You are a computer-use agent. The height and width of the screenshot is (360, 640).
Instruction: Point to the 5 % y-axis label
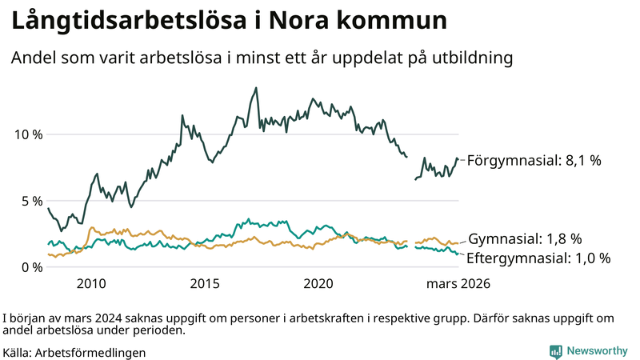30,201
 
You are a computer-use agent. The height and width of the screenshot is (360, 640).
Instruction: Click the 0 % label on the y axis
30,267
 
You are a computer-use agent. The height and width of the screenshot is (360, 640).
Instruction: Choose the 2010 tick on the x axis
91,284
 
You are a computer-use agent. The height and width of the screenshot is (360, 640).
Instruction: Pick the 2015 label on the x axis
205,284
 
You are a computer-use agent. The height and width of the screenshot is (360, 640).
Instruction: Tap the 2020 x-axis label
319,284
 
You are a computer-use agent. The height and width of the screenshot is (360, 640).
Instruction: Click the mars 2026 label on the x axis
458,284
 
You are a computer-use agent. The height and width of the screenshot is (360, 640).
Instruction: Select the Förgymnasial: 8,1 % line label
534,161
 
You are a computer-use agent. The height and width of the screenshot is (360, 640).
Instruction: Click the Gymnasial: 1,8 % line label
525,239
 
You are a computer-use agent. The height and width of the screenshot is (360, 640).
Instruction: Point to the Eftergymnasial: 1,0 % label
538,258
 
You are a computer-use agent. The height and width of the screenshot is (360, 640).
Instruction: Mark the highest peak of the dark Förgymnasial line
256,88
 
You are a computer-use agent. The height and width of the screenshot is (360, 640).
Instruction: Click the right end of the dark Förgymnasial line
458,159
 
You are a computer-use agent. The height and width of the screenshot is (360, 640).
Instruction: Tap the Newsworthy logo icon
555,350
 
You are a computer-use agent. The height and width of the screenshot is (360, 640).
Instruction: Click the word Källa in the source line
17,352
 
